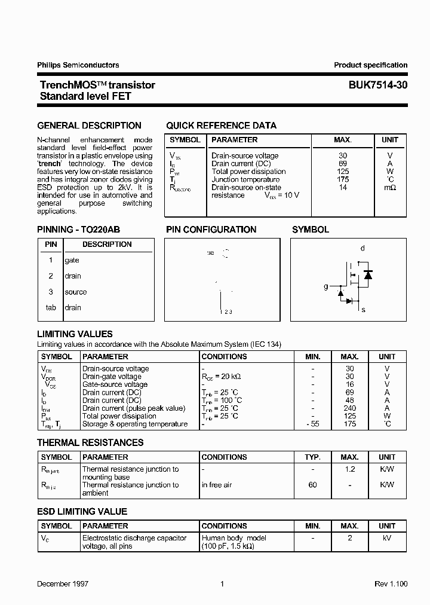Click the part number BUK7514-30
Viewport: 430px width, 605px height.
(x=378, y=85)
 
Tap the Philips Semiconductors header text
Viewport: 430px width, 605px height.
(x=78, y=65)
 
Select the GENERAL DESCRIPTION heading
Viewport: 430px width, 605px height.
(x=90, y=126)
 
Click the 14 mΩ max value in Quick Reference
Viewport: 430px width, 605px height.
(x=343, y=188)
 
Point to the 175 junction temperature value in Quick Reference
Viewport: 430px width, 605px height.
(x=343, y=179)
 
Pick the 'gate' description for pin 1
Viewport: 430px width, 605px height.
(x=72, y=261)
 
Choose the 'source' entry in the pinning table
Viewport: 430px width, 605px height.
(x=76, y=292)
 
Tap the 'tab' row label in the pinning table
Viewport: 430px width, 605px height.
(x=51, y=308)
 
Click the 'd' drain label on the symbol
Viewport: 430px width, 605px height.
(x=363, y=248)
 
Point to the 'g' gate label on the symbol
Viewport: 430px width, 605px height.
(x=326, y=287)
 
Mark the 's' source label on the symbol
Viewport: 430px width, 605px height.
(x=363, y=310)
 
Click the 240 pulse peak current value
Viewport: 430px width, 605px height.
(x=350, y=408)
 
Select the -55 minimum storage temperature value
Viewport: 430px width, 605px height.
(x=313, y=424)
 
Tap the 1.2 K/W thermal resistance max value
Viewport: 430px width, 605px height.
(x=350, y=469)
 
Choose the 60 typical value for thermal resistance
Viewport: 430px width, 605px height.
(x=313, y=485)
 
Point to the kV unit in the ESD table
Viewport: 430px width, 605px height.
(x=387, y=538)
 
